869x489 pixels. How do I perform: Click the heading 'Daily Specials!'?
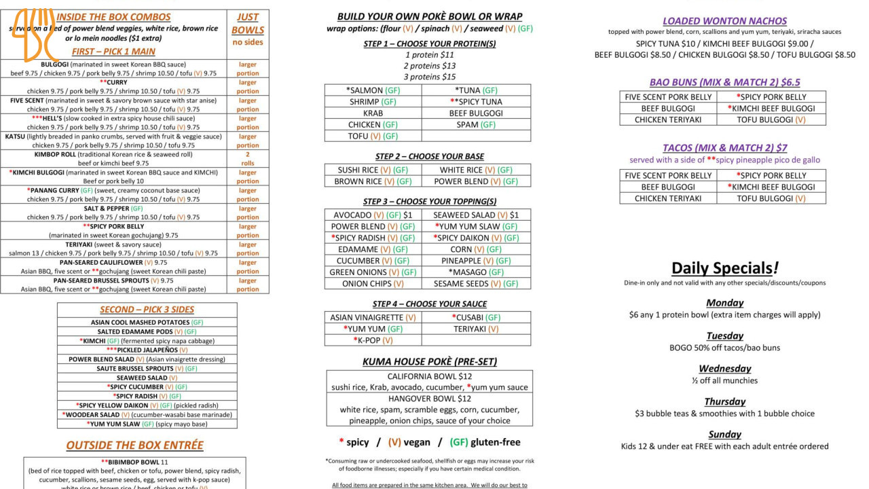tap(724, 268)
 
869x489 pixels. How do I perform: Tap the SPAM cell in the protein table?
tap(475, 125)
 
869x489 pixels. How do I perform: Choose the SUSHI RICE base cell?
tap(373, 170)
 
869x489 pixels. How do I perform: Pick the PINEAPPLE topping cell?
tap(475, 261)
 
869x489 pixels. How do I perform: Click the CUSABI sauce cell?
tap(475, 317)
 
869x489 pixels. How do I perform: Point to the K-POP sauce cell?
tap(373, 340)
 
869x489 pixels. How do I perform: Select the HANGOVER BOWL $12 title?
tap(429, 399)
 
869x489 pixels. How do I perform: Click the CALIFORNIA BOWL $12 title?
tap(429, 376)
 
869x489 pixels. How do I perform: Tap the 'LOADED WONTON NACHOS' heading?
tap(724, 21)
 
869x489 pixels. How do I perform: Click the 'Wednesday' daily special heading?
tap(724, 369)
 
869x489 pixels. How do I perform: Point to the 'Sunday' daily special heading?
tap(724, 435)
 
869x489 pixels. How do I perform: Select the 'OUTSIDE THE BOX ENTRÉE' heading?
tap(134, 446)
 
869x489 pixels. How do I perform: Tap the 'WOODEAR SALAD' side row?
tap(147, 414)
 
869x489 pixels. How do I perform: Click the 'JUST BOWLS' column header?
tap(247, 24)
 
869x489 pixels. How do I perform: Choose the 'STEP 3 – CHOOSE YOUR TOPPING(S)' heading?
tap(429, 202)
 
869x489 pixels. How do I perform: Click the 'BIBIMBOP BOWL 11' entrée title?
tap(134, 462)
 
